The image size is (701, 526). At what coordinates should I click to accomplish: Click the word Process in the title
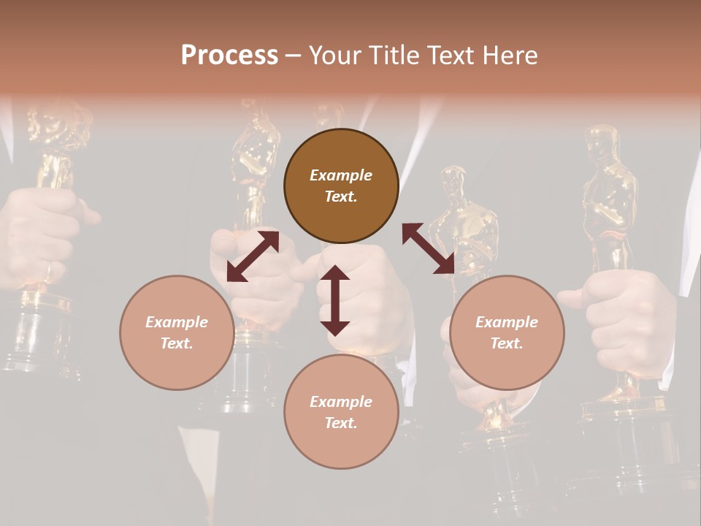pyautogui.click(x=229, y=56)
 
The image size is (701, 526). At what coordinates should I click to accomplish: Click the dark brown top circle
pyautogui.click(x=341, y=186)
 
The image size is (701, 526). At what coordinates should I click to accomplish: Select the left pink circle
pyautogui.click(x=177, y=332)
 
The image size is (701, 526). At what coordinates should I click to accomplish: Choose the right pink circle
pyautogui.click(x=507, y=332)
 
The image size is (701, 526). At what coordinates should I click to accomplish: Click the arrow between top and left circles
pyautogui.click(x=253, y=256)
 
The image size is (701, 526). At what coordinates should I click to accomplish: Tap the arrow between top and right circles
pyautogui.click(x=429, y=248)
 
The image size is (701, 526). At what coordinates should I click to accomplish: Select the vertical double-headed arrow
pyautogui.click(x=335, y=300)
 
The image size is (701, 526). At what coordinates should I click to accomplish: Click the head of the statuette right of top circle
pyautogui.click(x=453, y=183)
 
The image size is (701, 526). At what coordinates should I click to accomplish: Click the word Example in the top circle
pyautogui.click(x=341, y=175)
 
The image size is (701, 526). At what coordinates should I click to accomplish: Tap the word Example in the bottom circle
pyautogui.click(x=341, y=401)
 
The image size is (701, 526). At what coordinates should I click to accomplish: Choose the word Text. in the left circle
pyautogui.click(x=177, y=343)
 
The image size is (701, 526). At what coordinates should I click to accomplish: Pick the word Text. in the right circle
pyautogui.click(x=507, y=343)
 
